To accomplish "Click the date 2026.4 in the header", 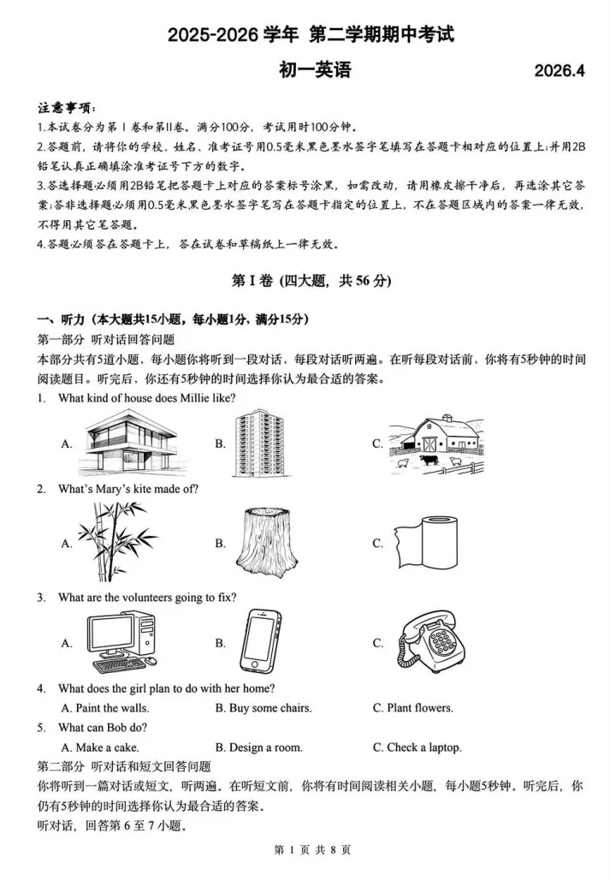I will click(560, 72).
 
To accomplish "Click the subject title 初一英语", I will click(315, 70).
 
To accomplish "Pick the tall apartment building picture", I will click(262, 442).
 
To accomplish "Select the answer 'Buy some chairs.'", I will click(264, 708).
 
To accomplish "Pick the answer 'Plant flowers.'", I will click(413, 708).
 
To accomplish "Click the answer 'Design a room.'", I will click(259, 747).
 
